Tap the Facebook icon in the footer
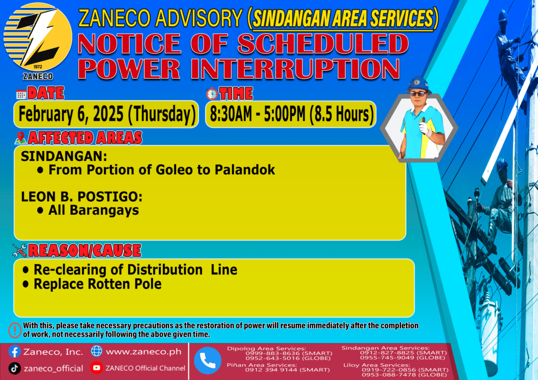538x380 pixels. pos(15,352)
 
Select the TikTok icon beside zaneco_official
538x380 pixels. pos(14,368)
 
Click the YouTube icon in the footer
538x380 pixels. pos(97,367)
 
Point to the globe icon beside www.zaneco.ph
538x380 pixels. pos(97,351)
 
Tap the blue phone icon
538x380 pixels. pos(208,361)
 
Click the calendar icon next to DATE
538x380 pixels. pos(21,94)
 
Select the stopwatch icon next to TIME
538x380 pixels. pos(212,93)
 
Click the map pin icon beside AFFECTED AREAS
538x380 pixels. pos(20,138)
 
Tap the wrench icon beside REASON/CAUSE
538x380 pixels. pos(19,250)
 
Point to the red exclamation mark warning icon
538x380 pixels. pos(15,330)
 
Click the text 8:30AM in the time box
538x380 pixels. pos(231,114)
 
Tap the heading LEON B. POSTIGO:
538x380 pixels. pos(81,197)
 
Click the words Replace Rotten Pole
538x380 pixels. pos(97,284)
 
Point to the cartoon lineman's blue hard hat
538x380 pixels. pos(418,84)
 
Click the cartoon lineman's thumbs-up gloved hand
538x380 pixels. pos(425,127)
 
